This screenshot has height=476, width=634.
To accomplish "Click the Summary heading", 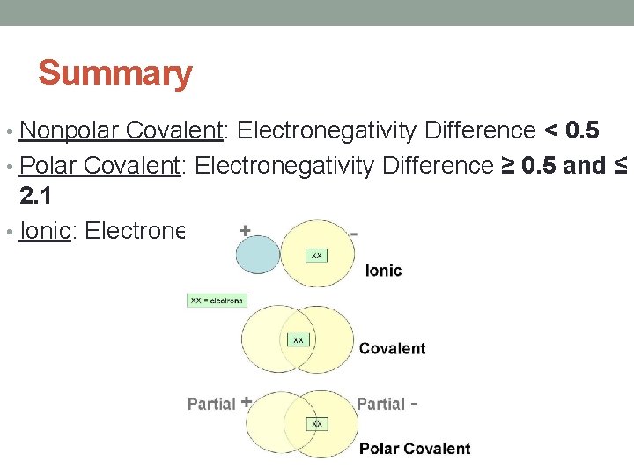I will coord(114,73).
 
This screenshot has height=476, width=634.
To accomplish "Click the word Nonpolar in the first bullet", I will coord(70,131).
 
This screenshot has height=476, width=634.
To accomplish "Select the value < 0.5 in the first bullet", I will coord(572,131).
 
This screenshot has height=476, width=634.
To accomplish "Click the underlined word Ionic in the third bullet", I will coord(44,231).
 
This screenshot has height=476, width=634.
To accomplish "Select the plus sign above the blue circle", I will coord(245,231).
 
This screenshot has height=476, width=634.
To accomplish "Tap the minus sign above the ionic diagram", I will coord(354,234).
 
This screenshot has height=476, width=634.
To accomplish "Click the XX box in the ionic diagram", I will coord(316,255).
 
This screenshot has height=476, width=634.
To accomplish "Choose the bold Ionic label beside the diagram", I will coord(383,271).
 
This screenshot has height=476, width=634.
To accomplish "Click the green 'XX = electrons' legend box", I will coord(217,301).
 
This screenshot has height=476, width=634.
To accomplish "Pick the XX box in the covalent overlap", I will coord(299,339).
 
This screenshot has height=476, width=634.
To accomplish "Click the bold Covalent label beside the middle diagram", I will coord(392,348).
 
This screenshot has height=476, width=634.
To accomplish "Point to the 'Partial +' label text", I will coord(219,404).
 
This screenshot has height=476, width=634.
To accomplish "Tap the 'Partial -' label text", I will coord(386,404).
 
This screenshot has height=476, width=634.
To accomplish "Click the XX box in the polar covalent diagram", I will coord(317,424).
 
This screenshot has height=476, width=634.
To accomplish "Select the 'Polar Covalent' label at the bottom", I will coord(415,449).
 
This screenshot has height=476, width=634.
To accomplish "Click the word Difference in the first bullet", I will coord(480,131).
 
